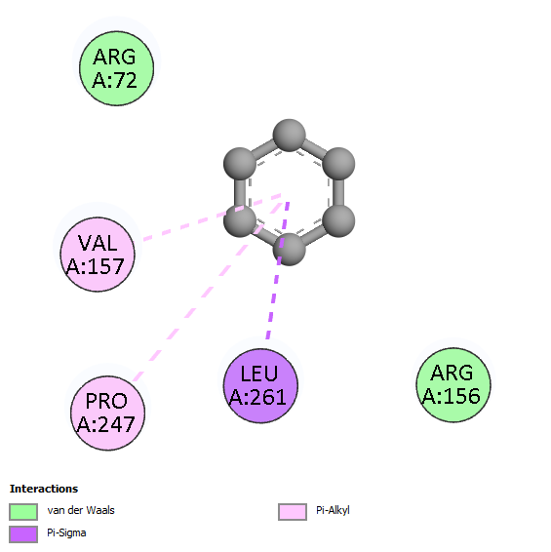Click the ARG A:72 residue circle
(x=116, y=68)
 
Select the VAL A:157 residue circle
(x=98, y=255)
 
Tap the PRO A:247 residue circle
(x=107, y=413)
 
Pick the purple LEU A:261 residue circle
(x=260, y=385)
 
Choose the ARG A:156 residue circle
(x=453, y=384)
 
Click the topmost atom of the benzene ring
(x=289, y=136)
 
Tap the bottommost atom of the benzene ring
(x=289, y=250)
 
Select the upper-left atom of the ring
(x=240, y=164)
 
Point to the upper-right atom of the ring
(x=338, y=164)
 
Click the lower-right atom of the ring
(x=338, y=220)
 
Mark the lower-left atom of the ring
(x=240, y=220)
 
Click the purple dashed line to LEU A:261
(x=278, y=270)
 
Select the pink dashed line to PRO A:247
(x=208, y=292)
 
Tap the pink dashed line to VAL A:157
(x=212, y=217)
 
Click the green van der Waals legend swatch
(x=23, y=511)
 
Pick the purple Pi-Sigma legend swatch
(x=23, y=534)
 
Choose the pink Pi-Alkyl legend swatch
(x=293, y=511)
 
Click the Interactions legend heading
(x=44, y=489)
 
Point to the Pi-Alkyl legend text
(x=333, y=510)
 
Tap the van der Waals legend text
(x=81, y=510)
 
